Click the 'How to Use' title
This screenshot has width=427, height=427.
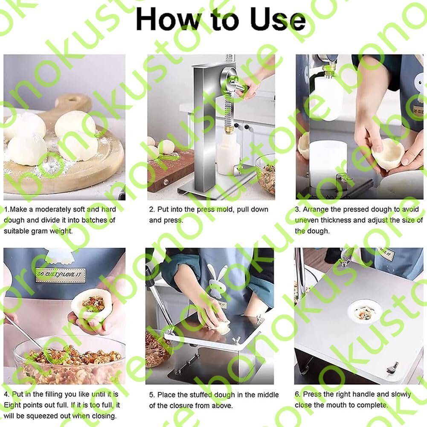point(221,19)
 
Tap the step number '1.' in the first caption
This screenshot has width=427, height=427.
point(7,209)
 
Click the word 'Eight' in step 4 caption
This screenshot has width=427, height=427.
point(12,405)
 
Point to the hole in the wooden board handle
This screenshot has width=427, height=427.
point(73,98)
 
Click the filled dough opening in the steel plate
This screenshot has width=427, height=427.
point(364,311)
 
